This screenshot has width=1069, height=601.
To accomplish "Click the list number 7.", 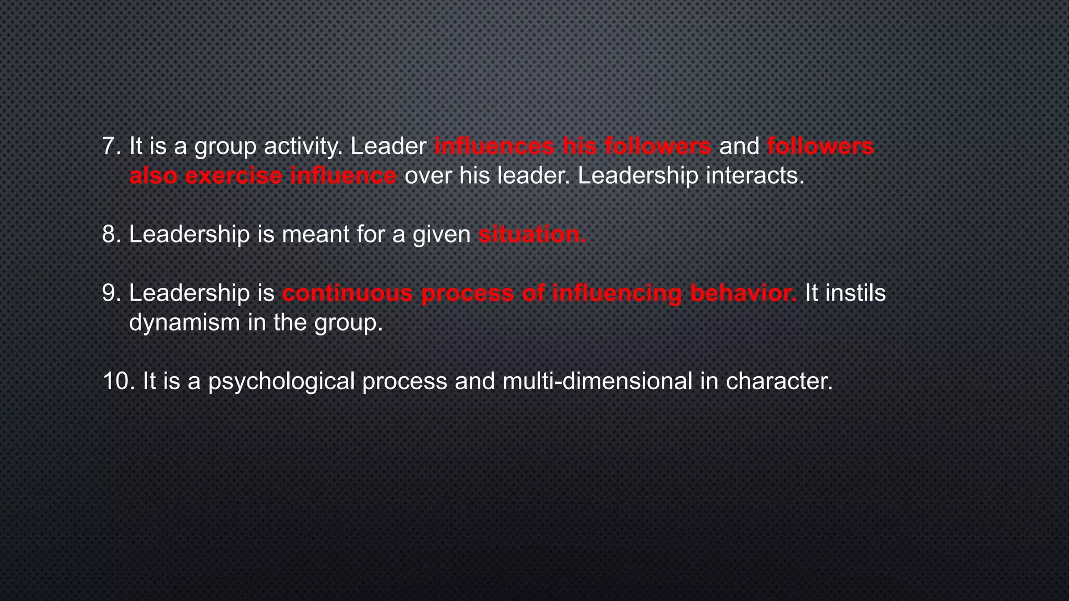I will click(111, 146).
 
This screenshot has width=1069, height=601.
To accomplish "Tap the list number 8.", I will click(111, 234).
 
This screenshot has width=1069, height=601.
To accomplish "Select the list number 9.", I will click(111, 293).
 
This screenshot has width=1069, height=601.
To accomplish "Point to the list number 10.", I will click(118, 381).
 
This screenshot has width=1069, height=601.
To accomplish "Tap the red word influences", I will click(494, 146).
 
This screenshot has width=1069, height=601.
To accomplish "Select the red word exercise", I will click(233, 176).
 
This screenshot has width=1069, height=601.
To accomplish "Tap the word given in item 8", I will click(442, 234).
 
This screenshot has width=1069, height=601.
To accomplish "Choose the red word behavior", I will click(743, 293).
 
